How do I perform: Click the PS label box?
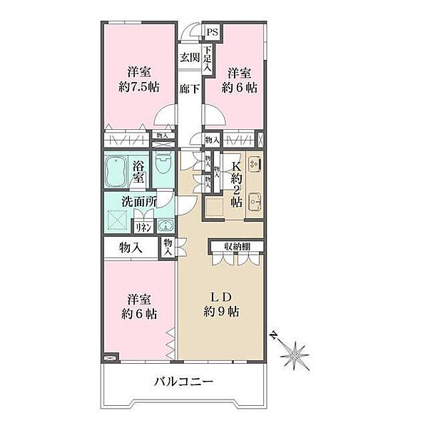(213, 33)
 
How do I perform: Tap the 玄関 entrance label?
(188, 58)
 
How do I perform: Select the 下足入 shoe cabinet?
(207, 57)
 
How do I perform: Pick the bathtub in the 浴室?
(118, 172)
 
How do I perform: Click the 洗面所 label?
(138, 201)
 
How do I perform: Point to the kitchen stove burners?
(255, 165)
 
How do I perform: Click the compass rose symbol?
(294, 351)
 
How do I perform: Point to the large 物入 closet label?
(129, 248)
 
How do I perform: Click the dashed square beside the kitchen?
(214, 207)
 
